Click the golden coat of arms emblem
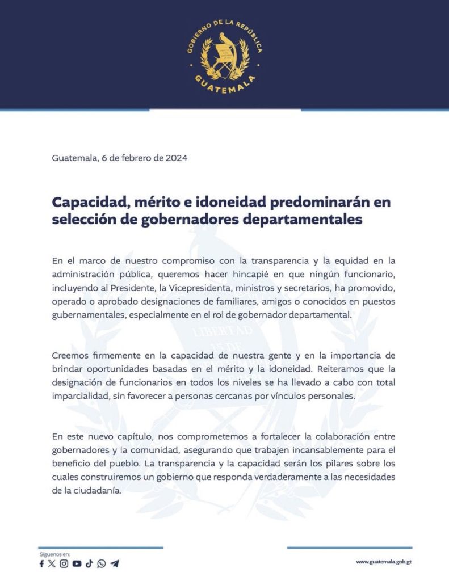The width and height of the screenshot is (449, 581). point(224,57)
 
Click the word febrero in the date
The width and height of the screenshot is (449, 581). point(129,158)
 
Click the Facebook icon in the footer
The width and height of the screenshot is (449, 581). point(41,563)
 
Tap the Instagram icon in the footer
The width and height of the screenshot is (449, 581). point(64,563)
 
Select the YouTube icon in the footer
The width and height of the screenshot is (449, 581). point(77,563)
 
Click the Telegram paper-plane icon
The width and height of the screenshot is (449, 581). point(115,563)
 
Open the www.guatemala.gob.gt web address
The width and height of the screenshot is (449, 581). point(384,562)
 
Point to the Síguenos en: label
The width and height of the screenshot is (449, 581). point(54,553)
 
